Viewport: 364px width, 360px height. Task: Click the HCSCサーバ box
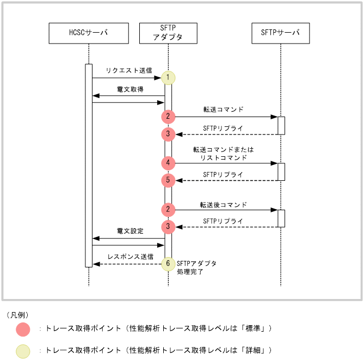[x=89, y=33]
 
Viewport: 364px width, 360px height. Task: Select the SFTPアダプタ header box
[x=168, y=33]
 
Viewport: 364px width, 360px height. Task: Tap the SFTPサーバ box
[x=281, y=33]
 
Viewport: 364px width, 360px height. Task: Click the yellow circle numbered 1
[x=169, y=77]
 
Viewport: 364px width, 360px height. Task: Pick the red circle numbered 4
[x=169, y=162]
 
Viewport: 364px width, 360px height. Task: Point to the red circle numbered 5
[x=169, y=180]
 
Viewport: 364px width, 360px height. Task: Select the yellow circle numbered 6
[x=169, y=264]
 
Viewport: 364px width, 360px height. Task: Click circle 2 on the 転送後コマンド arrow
[x=169, y=209]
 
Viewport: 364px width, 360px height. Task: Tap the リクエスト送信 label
[x=129, y=71]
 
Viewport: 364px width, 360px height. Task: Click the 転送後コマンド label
[x=223, y=205]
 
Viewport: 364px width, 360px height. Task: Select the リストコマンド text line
[x=224, y=157]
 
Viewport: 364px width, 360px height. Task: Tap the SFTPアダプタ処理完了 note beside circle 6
[x=196, y=267]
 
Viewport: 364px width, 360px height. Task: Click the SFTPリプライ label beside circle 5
[x=223, y=174]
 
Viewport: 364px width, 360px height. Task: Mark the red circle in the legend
[x=23, y=328]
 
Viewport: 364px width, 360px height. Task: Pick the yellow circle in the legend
[x=23, y=350]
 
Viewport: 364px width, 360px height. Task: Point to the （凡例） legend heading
[x=18, y=315]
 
